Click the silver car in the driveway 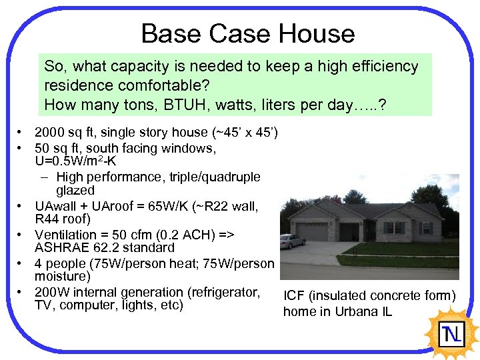pos(293,241)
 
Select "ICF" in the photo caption pos(294,296)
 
